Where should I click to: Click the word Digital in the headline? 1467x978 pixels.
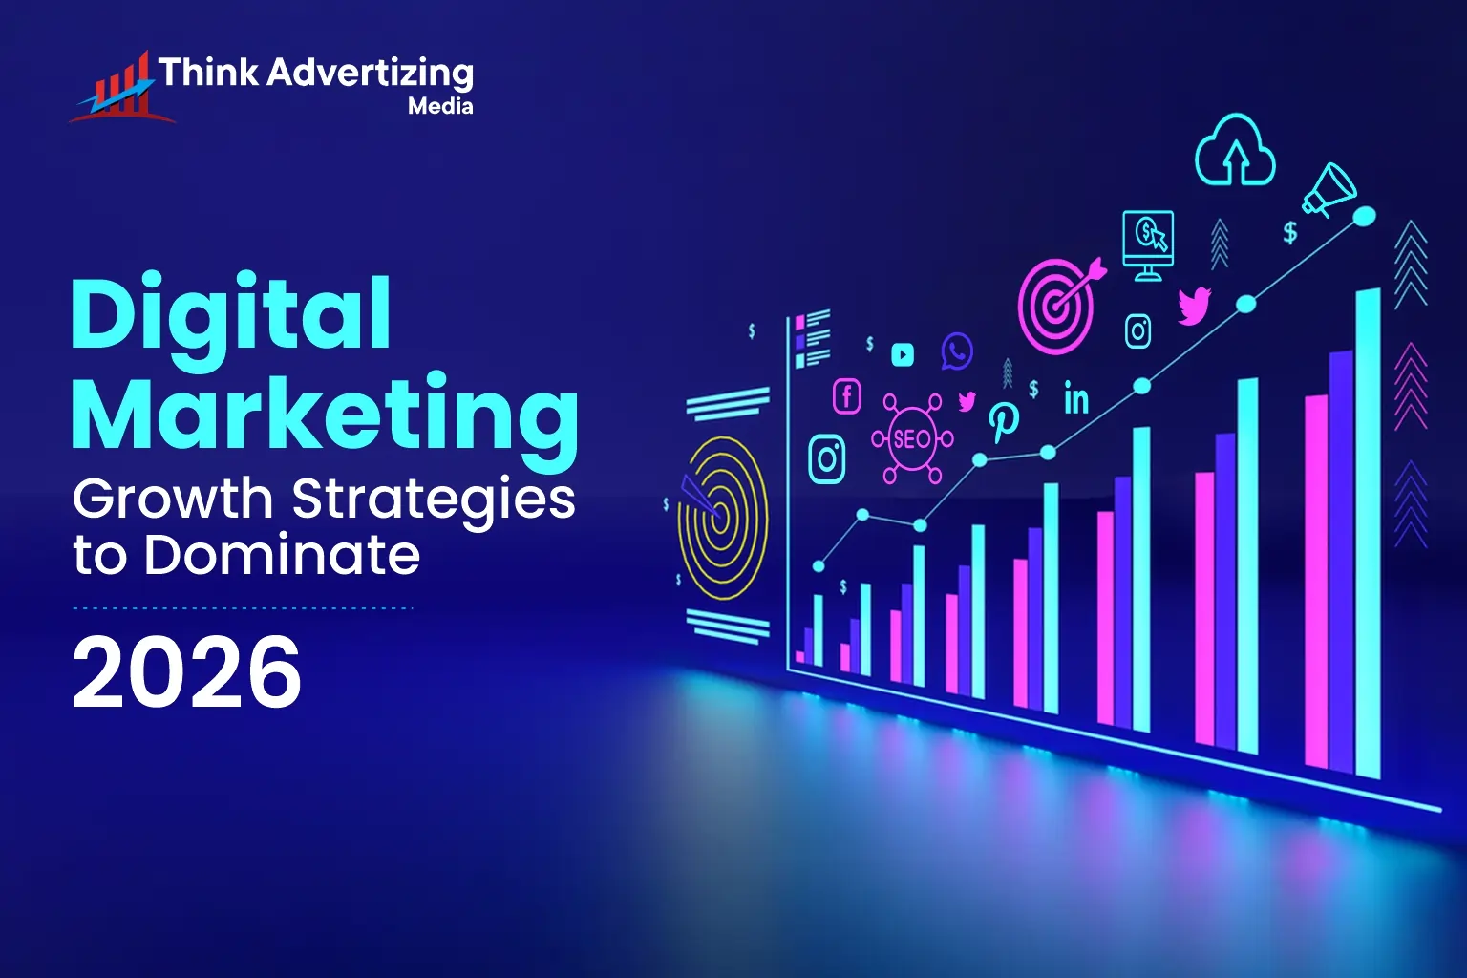click(231, 314)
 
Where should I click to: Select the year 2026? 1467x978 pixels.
click(187, 672)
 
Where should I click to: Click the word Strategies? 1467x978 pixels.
click(434, 500)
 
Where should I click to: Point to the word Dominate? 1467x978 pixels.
click(283, 555)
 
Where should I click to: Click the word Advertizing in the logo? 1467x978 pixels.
click(370, 73)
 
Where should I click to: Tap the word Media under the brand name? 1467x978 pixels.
click(440, 106)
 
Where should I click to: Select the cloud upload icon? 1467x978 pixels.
click(1235, 151)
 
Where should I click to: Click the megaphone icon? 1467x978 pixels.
click(1329, 189)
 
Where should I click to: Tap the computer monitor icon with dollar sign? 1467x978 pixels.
click(1147, 243)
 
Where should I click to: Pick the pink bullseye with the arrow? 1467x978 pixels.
click(1058, 304)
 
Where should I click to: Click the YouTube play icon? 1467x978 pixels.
click(903, 355)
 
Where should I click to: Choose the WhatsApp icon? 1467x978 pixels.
click(956, 351)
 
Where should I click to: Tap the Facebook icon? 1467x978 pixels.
click(847, 395)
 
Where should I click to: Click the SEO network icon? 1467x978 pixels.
click(912, 439)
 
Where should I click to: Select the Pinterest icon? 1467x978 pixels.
click(1003, 420)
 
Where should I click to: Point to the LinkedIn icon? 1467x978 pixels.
click(1076, 398)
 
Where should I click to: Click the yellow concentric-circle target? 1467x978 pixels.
click(722, 517)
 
